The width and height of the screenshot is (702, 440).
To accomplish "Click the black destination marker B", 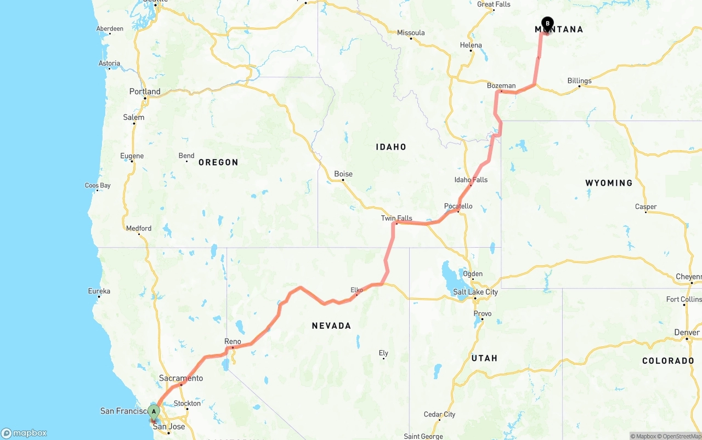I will pos(547,23).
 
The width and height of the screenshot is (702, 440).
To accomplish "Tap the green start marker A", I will pos(154,411).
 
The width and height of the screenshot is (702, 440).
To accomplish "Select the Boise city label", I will pos(343,174).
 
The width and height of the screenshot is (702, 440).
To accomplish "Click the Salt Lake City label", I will pos(475,292).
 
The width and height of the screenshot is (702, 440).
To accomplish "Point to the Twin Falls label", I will pos(397,218).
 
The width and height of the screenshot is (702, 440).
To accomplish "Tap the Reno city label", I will pos(233,341).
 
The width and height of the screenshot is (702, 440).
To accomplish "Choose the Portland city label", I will pos(145,92).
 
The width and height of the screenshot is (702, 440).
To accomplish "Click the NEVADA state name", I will pos(331,326).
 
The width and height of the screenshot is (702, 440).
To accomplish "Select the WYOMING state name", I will pos(609,183).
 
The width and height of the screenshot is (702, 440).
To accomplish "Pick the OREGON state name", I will pos(218,162).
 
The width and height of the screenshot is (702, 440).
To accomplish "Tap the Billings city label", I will pos(579,81).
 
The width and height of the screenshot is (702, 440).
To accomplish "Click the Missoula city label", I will pos(411,33).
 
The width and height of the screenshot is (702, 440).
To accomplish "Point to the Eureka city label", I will pos(99,291).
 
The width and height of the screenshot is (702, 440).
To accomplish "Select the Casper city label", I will pos(646,207).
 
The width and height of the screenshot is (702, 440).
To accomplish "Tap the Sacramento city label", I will pos(181,378).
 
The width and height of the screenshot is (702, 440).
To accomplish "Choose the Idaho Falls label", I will pos(471,180).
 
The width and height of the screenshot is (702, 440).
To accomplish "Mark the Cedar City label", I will pos(439,414).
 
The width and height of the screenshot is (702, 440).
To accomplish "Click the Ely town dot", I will pos(383,358).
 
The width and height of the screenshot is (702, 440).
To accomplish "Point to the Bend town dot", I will pos(186,162).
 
